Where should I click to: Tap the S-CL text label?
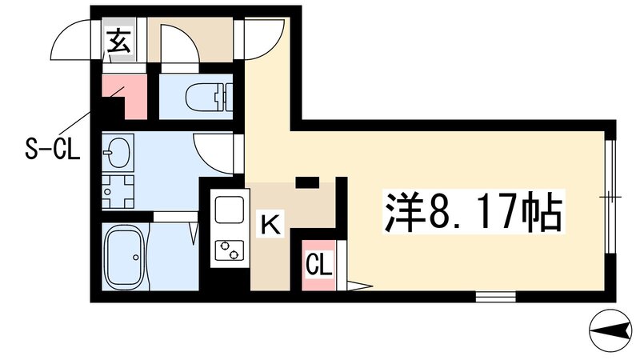click(50, 150)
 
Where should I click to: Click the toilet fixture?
click(206, 98)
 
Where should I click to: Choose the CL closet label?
click(318, 265)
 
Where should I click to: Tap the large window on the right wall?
click(610, 196)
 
